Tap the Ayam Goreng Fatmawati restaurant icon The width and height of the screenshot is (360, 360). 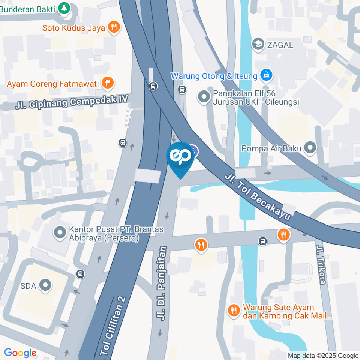pyautogui.click(x=108, y=83)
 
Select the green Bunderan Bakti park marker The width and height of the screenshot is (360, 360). pyautogui.click(x=65, y=9)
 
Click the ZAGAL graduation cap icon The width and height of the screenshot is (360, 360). pyautogui.click(x=258, y=45)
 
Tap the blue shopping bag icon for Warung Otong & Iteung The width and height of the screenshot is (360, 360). pyautogui.click(x=266, y=75)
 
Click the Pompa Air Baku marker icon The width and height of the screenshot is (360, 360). pyautogui.click(x=310, y=148)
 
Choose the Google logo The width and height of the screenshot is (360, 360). pyautogui.click(x=20, y=353)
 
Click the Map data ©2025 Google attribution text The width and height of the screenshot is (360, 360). pyautogui.click(x=323, y=355)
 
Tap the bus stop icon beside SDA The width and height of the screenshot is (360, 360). pyautogui.click(x=80, y=274)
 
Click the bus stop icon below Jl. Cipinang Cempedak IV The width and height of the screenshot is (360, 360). pyautogui.click(x=123, y=142)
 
